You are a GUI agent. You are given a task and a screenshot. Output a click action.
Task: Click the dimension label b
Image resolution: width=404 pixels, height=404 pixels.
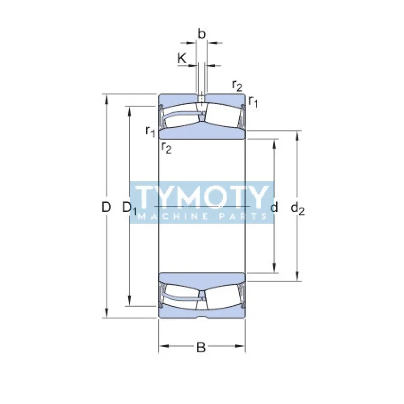pyautogui.click(x=201, y=34)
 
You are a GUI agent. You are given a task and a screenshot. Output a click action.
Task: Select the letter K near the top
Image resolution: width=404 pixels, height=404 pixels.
pyautogui.click(x=182, y=58)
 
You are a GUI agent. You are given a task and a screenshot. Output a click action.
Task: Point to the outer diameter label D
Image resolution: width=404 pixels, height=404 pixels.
pyautogui.click(x=105, y=207)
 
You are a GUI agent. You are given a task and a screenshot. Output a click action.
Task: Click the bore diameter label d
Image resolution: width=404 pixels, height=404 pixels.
pyautogui.click(x=274, y=207)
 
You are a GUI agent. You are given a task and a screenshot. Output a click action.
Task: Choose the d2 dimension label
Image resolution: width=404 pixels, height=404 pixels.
pyautogui.click(x=298, y=208)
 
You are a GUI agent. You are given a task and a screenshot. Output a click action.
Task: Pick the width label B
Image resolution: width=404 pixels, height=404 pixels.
pyautogui.click(x=201, y=347)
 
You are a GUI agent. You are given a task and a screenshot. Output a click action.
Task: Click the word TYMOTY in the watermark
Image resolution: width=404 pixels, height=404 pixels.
pyautogui.click(x=202, y=197)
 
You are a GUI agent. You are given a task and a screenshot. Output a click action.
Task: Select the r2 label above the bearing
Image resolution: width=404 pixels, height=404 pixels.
pyautogui.click(x=237, y=85)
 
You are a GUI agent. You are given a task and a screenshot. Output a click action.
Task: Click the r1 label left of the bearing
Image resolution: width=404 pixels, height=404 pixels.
pyautogui.click(x=150, y=131)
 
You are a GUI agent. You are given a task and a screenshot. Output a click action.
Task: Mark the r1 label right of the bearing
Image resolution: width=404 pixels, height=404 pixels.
pyautogui.click(x=253, y=103)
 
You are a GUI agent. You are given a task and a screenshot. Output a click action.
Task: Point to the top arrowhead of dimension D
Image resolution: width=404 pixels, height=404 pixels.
pyautogui.click(x=106, y=97)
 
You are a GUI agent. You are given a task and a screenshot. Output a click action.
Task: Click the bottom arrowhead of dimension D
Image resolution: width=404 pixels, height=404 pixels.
pyautogui.click(x=106, y=315)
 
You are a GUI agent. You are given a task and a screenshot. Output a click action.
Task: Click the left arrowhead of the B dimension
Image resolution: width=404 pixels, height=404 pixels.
pyautogui.click(x=162, y=347)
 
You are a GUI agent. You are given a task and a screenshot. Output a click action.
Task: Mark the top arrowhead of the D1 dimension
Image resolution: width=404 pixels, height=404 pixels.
pyautogui.click(x=130, y=110)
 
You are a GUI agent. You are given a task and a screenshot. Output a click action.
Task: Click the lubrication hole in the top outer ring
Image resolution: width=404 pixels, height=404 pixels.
pyautogui.click(x=201, y=98)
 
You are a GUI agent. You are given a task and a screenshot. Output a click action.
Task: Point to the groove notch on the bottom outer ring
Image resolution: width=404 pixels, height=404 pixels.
pyautogui.click(x=201, y=317)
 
